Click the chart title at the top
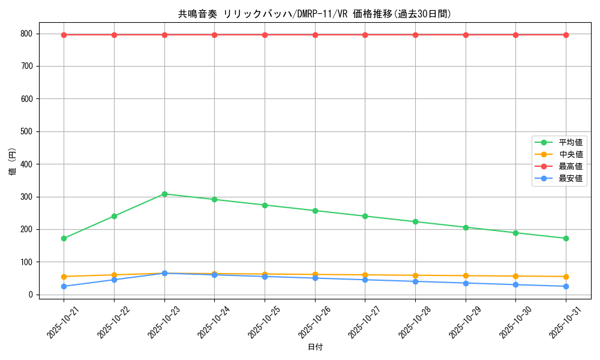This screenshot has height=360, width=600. coord(315,14)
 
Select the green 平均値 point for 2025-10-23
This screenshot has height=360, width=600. coord(164,194)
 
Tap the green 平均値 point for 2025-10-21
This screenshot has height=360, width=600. coord(64,238)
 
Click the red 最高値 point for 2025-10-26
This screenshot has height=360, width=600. coord(315,35)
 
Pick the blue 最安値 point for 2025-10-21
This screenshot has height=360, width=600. coord(64,286)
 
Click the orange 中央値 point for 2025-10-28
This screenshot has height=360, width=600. coord(415,275)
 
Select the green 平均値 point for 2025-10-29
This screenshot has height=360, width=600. coord(466,227)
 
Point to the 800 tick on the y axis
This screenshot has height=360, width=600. coord(26,34)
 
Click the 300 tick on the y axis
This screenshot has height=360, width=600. coord(26,197)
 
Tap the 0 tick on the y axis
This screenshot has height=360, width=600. coord(30,295)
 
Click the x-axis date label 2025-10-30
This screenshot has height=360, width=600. coord(514,322)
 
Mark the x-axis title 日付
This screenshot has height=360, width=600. coord(315,347)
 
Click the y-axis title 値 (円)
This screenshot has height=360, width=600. coord(13,163)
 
